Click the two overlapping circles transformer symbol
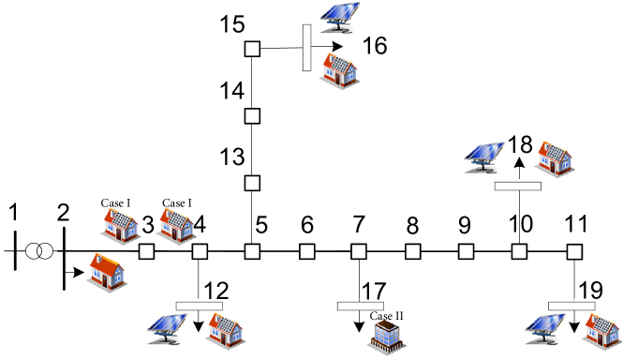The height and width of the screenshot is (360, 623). coord(39,251)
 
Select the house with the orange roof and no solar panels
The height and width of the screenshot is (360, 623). coord(107,273)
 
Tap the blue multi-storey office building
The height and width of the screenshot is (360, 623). coord(386,337)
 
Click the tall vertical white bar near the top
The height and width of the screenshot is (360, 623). coord(306,47)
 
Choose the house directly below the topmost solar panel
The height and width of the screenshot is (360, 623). coord(339,70)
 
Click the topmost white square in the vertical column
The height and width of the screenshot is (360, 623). coord(252,49)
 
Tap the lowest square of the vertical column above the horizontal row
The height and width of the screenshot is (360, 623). coord(252,183)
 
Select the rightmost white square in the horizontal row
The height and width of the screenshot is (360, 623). coord(574,251)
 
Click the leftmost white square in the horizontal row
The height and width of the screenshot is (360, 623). coord(146,251)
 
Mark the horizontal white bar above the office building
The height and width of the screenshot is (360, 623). coord(361,305)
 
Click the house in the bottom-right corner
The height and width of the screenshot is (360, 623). coord(601,331)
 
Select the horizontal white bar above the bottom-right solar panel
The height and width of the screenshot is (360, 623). coord(572,305)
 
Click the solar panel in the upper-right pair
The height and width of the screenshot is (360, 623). coord(483,159)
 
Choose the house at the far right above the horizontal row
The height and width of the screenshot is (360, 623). coord(555,158)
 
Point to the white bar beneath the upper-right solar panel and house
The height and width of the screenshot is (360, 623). coord(518,185)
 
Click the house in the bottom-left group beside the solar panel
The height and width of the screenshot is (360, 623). coord(225,331)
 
